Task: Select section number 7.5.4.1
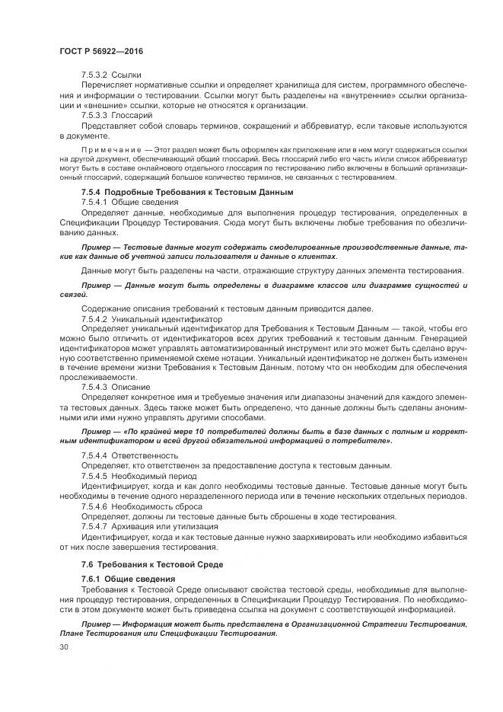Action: pos(94,203)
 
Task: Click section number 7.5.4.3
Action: pos(94,387)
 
